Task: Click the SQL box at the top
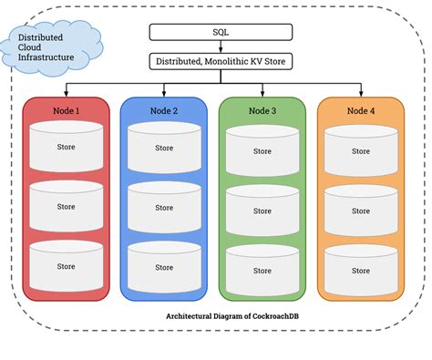[221, 32]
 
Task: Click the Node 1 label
[66, 110]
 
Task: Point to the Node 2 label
[164, 110]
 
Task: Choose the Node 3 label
[262, 110]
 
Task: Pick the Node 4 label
[361, 110]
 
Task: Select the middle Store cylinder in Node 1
[66, 207]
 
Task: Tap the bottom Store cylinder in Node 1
[66, 266]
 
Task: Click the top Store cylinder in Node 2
[164, 147]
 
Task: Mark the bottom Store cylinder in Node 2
[164, 267]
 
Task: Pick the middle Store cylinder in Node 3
[262, 211]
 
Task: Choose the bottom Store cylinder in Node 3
[262, 271]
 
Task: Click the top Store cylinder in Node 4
[361, 150]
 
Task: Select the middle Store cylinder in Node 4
[361, 211]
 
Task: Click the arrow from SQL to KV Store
[221, 47]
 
